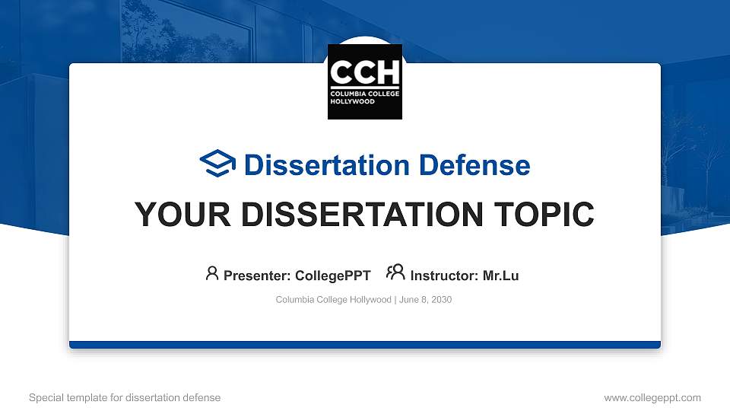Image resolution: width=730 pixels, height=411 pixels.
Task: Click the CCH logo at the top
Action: pyautogui.click(x=365, y=81)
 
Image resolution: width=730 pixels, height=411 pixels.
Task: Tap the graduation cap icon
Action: pyautogui.click(x=217, y=164)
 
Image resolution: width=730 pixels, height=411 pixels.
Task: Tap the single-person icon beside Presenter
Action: pyautogui.click(x=212, y=273)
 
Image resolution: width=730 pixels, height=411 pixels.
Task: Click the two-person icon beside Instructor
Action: pyautogui.click(x=395, y=273)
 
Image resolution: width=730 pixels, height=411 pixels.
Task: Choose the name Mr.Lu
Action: pyautogui.click(x=500, y=276)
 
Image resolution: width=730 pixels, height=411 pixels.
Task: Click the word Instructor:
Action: pyautogui.click(x=444, y=276)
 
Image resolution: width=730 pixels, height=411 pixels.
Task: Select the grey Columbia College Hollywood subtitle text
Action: pyautogui.click(x=333, y=300)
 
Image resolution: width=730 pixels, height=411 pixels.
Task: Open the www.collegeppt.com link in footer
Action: pyautogui.click(x=652, y=397)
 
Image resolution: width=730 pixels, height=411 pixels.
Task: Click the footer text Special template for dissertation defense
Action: pyautogui.click(x=125, y=397)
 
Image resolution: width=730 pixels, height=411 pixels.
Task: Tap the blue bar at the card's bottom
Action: pyautogui.click(x=365, y=345)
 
